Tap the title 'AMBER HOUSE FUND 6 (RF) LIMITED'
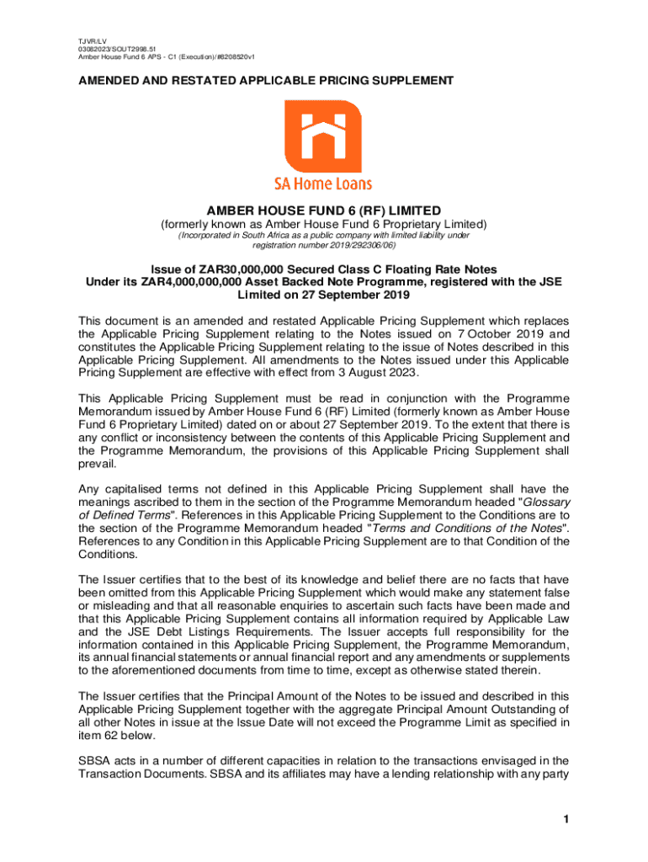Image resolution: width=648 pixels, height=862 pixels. pyautogui.click(x=324, y=210)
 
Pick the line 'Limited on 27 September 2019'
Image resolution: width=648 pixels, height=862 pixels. pyautogui.click(x=324, y=296)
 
